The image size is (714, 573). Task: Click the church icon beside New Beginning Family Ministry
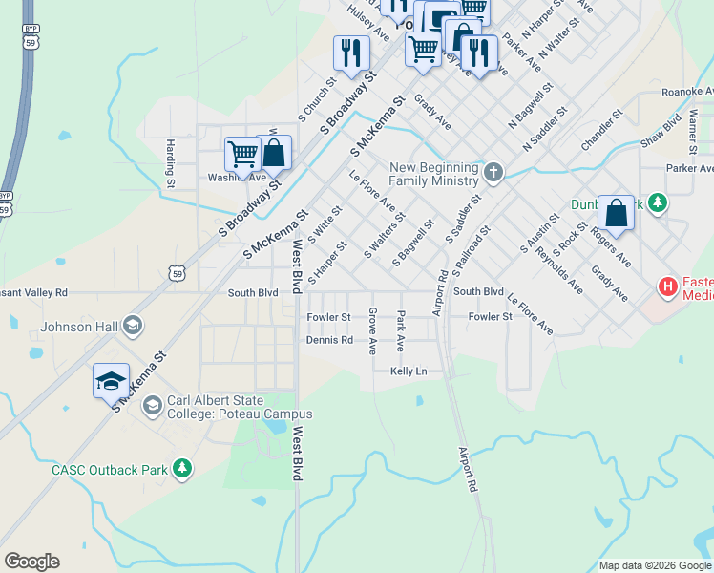493,173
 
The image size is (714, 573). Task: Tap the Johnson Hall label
80,328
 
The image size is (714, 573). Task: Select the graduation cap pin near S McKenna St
111,380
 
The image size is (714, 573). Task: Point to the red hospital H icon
668,286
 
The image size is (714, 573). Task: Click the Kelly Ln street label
409,371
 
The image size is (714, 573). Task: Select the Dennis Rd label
329,340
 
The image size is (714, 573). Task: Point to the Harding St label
170,162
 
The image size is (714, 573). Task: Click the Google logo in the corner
31,562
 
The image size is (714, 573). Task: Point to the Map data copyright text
655,565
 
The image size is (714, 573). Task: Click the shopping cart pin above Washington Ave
242,155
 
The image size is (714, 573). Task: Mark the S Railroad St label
472,250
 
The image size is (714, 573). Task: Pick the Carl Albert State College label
239,407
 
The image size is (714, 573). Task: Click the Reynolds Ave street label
559,267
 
